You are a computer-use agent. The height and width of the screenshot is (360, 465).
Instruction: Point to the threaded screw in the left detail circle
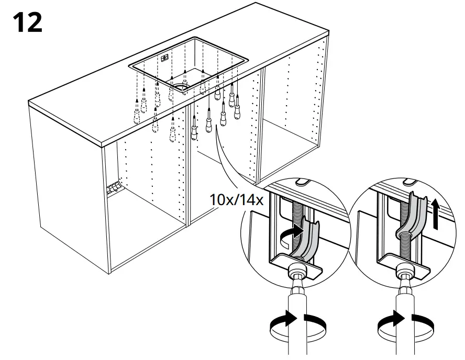pyautogui.click(x=297, y=217)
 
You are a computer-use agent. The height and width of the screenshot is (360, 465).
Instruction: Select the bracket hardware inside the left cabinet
pyautogui.click(x=114, y=187)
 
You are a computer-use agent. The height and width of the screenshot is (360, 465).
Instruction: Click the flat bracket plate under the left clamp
pyautogui.click(x=298, y=264)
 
